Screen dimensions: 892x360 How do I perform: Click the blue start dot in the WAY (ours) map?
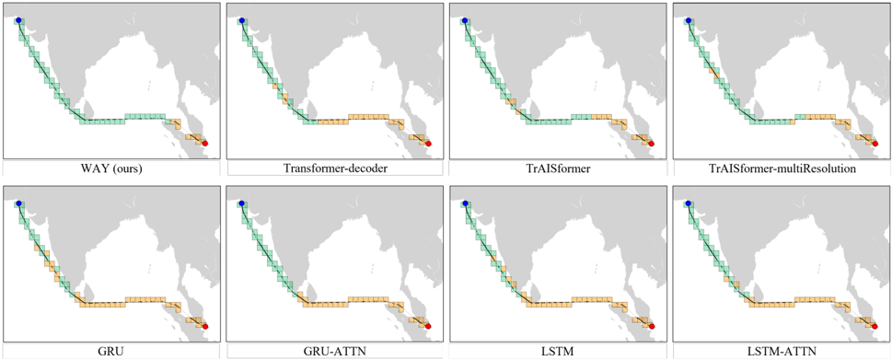18,20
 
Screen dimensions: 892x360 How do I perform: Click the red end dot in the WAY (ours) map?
204,144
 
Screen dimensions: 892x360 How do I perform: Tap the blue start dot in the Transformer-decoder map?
242,20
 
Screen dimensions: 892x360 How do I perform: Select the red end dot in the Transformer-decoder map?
428,144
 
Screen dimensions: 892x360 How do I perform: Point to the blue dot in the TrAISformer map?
465,20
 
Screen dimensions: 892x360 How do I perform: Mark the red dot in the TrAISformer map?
652,144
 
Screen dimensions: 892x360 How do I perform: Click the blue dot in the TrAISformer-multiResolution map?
689,20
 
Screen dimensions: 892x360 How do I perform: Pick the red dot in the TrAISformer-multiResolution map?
875,144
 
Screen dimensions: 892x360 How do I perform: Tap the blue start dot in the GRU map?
18,203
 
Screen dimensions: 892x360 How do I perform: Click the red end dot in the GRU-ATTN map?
428,326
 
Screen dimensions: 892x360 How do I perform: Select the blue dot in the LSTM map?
465,203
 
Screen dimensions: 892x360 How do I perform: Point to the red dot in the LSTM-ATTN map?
875,326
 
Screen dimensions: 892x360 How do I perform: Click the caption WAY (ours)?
111,169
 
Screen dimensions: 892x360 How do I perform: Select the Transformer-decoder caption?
334,169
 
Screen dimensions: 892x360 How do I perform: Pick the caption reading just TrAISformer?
559,169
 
